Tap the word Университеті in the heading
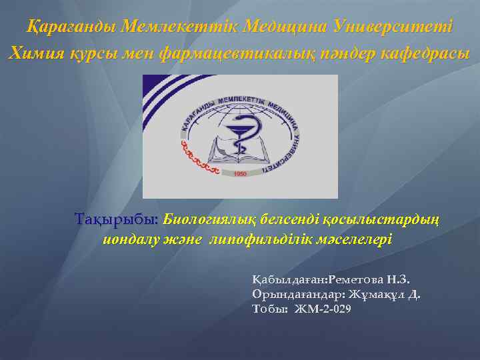(x=396, y=28)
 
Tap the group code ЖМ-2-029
(x=322, y=309)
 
